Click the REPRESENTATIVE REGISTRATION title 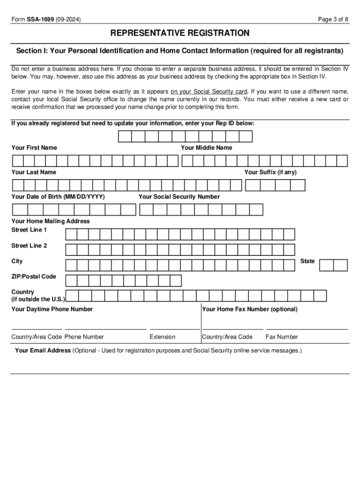[180, 33]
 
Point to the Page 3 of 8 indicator [333, 19]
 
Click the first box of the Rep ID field [125, 137]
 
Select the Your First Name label [34, 148]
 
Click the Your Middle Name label [206, 148]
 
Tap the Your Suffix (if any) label [270, 172]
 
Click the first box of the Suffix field [252, 186]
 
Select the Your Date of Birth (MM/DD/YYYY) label [58, 197]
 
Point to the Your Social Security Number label [179, 197]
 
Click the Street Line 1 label [29, 230]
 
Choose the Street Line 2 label [29, 246]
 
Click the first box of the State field [326, 265]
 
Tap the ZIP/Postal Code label [34, 276]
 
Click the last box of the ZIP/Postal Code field [175, 281]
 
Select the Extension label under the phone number [162, 337]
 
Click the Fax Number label [281, 337]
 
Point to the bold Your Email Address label [43, 350]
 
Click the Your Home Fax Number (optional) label [250, 309]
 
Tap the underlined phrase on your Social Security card [209, 92]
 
